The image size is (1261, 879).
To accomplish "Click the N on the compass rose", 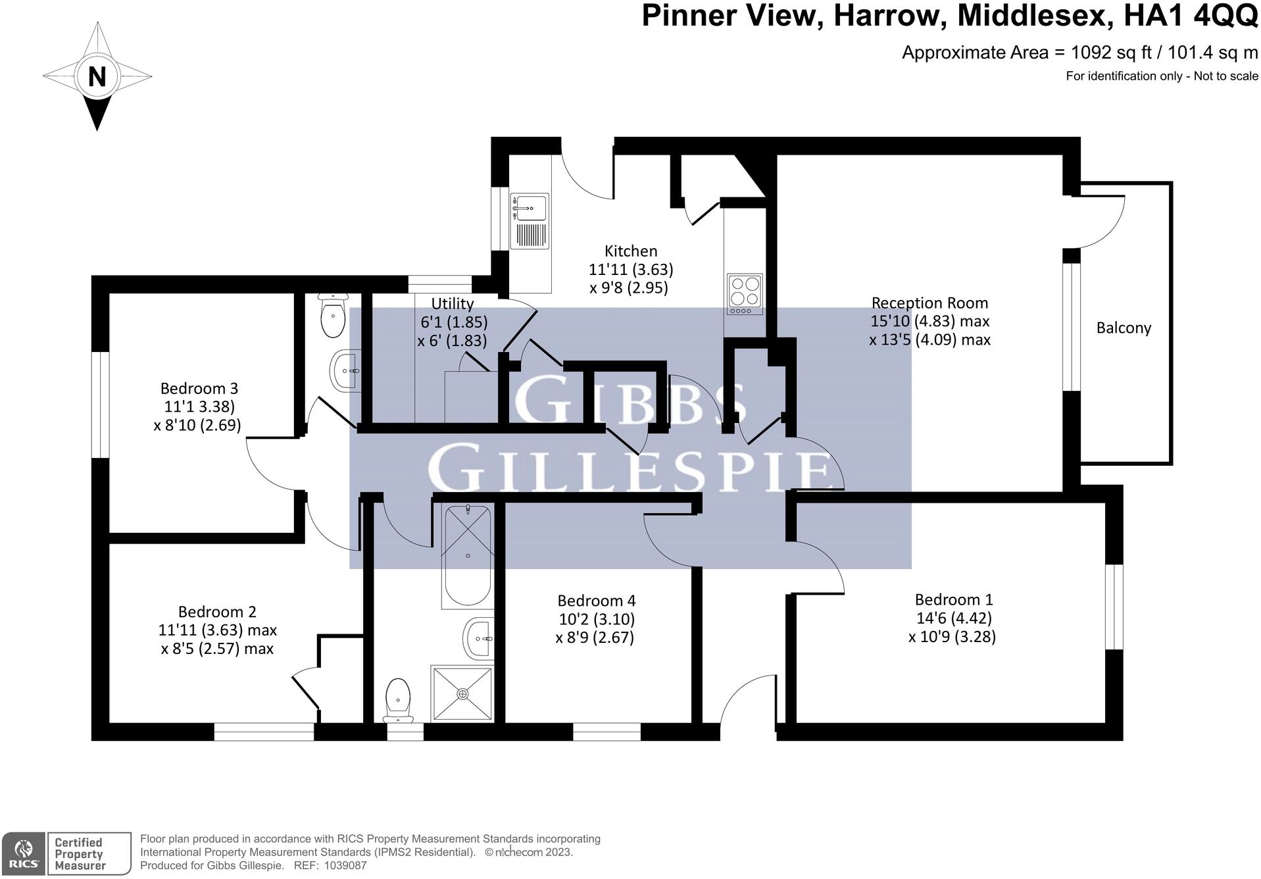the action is [x=97, y=77].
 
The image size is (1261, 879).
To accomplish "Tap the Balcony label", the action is [x=1124, y=328].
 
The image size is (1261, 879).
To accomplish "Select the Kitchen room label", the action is [x=631, y=251].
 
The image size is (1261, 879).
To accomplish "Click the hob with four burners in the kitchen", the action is [x=745, y=294].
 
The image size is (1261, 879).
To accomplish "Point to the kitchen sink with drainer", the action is [x=529, y=221].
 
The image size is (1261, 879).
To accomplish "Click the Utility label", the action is [x=452, y=303].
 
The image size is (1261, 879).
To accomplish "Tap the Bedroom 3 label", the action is [x=199, y=388].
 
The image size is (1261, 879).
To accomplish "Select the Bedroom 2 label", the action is [x=217, y=612].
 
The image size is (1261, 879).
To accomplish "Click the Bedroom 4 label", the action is [x=596, y=601].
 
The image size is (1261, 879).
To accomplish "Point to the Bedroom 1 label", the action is [x=954, y=599].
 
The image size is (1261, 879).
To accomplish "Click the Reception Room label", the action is [x=929, y=303].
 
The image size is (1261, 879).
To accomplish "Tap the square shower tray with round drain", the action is [x=462, y=693].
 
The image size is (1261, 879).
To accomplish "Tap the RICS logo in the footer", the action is [x=24, y=853].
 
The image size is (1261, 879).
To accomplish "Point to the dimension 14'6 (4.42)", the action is [x=954, y=618].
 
